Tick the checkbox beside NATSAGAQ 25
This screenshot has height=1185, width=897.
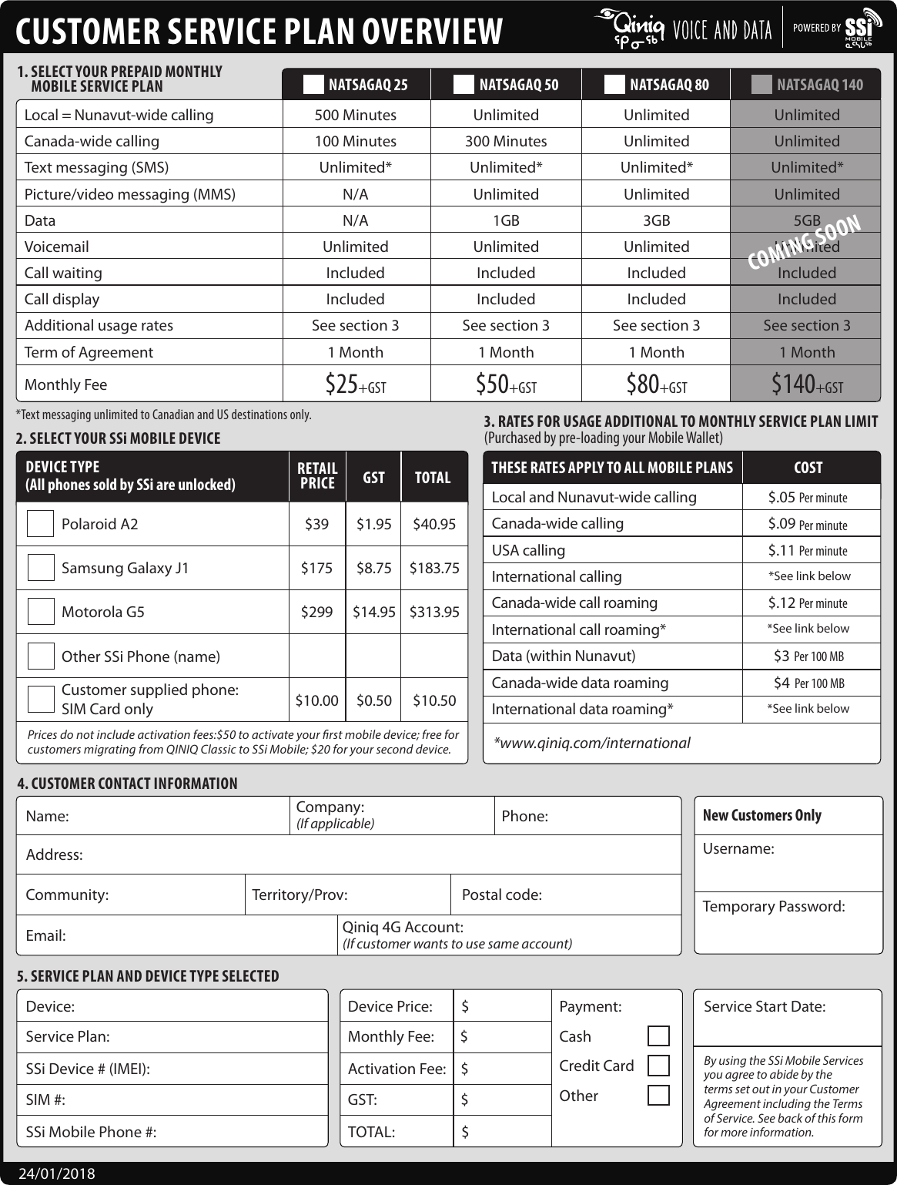pos(313,85)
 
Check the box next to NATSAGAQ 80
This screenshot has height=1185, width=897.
pos(614,85)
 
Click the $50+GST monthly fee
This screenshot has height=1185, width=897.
pos(505,384)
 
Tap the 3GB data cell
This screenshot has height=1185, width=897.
pos(656,220)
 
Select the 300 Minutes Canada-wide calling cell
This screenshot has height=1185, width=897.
pos(505,141)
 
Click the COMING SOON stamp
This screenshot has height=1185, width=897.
pos(804,242)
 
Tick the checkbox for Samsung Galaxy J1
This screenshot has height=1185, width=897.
pos(41,568)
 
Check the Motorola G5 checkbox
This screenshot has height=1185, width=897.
pos(41,612)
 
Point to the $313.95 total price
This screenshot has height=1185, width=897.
pos(434,612)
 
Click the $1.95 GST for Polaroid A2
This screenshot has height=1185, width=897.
pos(373,524)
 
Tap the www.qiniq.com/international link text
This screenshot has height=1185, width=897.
pos(591,743)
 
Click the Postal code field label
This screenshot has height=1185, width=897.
pos(501,895)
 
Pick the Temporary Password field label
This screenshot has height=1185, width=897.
pos(773,906)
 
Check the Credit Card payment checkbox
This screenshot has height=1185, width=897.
pos(658,1066)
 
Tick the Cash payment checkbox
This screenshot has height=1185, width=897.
pos(658,1036)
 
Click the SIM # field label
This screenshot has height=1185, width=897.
pos(45,1099)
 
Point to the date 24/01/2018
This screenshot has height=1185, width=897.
pos(57,1173)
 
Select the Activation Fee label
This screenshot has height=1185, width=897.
pos(397,1069)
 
